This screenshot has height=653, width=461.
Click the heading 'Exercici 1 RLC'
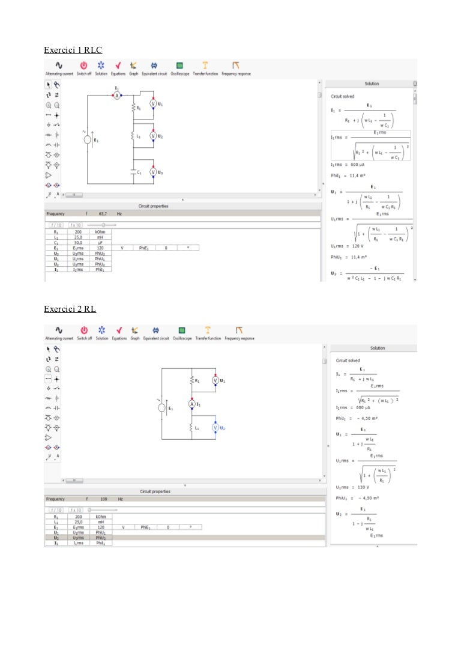68,50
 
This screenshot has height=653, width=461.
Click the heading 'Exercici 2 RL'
70,309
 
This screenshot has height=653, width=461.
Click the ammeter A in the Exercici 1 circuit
118,96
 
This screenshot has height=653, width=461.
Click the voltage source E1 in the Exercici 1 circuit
87,139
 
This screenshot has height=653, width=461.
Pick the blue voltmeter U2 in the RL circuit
214,427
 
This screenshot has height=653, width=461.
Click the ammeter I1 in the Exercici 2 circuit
192,404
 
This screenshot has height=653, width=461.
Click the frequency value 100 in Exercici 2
104,499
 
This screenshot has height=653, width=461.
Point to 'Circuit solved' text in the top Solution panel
342,96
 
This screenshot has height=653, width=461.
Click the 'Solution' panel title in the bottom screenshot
378,348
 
